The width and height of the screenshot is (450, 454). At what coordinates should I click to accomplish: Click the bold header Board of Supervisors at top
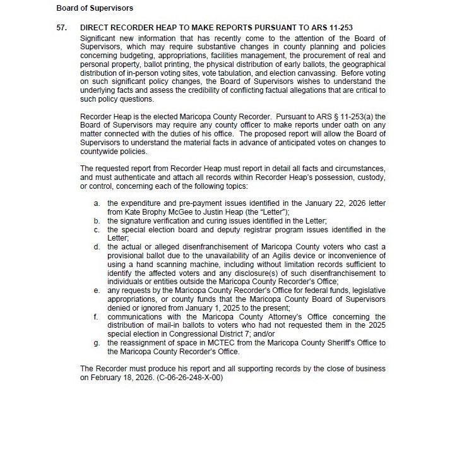coord(95,8)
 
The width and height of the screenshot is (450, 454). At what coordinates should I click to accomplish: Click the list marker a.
coord(97,204)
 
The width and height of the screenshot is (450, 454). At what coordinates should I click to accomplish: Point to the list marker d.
coord(97,245)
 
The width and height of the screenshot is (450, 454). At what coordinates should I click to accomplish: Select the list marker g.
coord(97,343)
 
